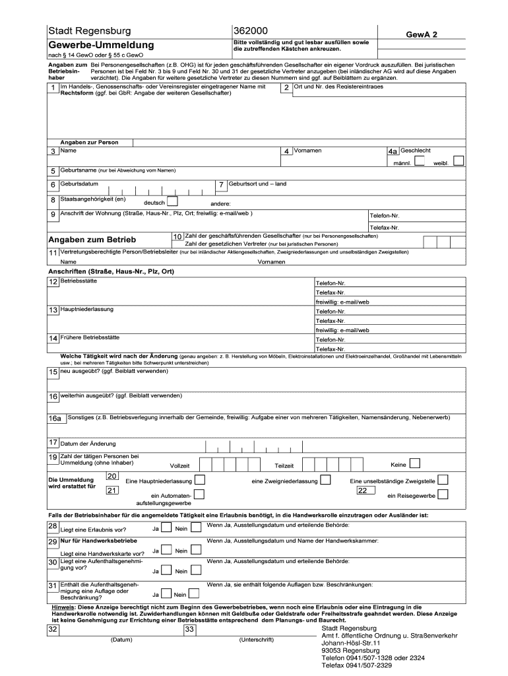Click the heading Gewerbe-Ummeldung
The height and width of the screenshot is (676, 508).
tap(100, 45)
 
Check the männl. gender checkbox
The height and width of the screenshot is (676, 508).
tap(420, 161)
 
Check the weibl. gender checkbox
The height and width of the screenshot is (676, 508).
tap(459, 161)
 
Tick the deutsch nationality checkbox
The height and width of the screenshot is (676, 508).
tap(172, 201)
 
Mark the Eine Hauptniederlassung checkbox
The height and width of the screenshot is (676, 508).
tap(199, 480)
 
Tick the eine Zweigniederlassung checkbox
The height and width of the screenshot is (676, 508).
tap(325, 480)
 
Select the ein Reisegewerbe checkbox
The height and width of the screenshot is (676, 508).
tap(443, 494)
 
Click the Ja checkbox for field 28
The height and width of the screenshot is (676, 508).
tap(166, 528)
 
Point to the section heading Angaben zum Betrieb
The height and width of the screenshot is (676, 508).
tap(92, 239)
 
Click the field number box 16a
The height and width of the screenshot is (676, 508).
tap(54, 419)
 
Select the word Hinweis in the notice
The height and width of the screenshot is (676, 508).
tap(63, 606)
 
